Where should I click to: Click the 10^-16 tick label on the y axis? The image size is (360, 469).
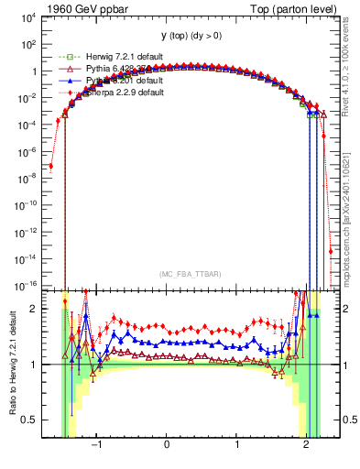pos(25,286)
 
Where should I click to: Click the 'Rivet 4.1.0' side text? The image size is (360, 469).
pos(351,64)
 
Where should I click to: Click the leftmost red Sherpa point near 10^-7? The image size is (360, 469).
pos(50,166)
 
